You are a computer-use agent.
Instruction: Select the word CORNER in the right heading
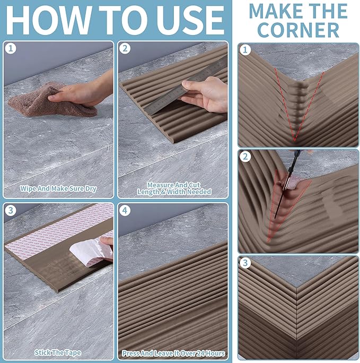coord(298,30)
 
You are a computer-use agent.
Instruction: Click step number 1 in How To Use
coord(11,49)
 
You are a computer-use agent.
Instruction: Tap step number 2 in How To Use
coord(125,49)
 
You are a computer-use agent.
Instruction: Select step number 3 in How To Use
coord(11,211)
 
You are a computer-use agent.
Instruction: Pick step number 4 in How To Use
coord(125,211)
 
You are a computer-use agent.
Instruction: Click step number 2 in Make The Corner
coord(245,157)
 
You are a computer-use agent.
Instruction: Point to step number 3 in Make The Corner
coord(245,263)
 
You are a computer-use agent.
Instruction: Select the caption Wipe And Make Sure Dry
coord(58,189)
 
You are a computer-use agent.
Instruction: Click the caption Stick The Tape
coord(58,352)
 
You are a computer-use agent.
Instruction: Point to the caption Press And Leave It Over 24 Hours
coord(173,353)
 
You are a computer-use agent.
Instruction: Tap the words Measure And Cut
coord(174,185)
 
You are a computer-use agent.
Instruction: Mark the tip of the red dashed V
coord(294,141)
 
